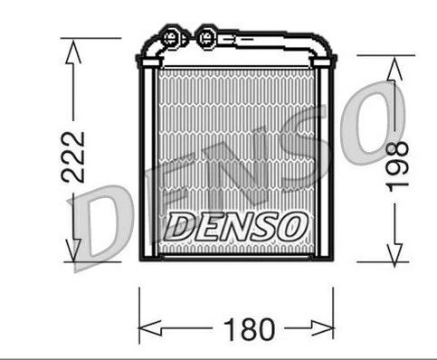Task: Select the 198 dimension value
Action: tap(399, 166)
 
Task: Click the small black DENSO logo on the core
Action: tap(234, 225)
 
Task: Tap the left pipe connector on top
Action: tap(170, 38)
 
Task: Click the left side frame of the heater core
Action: tap(147, 163)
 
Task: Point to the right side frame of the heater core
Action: tap(328, 163)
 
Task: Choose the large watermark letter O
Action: tap(380, 118)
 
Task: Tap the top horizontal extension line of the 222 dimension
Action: tap(90, 38)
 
